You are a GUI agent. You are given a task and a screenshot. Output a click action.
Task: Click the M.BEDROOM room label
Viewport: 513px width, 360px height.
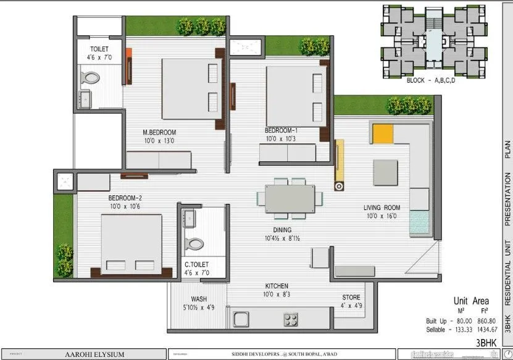(x=159, y=132)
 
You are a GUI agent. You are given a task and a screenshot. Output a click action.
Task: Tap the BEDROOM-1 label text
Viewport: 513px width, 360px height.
(x=282, y=130)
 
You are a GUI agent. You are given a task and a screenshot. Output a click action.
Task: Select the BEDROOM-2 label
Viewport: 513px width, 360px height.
(x=125, y=198)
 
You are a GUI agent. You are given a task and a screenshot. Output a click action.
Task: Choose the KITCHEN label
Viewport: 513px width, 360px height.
(x=277, y=286)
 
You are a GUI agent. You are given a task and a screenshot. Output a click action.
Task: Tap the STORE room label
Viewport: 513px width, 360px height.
(x=351, y=297)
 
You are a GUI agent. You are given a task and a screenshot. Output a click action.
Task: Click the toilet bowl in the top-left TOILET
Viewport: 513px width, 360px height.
(x=91, y=77)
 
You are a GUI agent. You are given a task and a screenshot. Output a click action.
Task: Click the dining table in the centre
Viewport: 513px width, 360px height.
(x=290, y=199)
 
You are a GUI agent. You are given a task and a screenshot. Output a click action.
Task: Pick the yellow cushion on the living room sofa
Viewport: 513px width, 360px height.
(x=383, y=133)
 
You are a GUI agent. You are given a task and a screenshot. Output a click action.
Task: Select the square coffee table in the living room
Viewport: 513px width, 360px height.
(x=385, y=171)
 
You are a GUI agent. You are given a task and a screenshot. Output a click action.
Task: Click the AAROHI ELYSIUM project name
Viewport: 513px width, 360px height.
(x=95, y=354)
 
